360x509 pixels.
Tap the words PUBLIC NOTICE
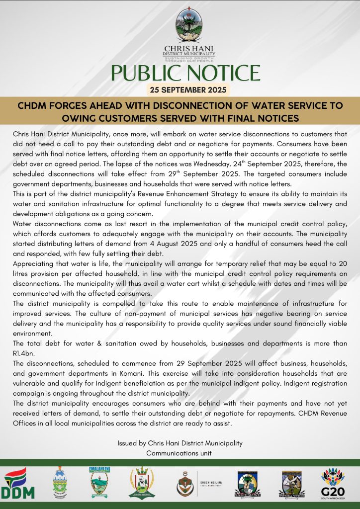click(x=185, y=73)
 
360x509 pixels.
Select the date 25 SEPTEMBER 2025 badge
click(x=188, y=90)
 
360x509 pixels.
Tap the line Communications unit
click(x=180, y=453)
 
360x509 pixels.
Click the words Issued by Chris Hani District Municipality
click(x=180, y=443)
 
